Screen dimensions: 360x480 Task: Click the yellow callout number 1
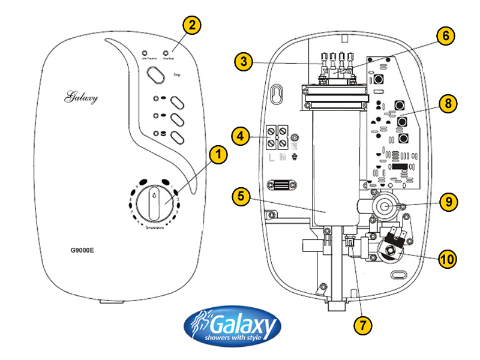click(x=219, y=155)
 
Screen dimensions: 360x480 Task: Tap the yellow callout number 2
click(x=191, y=25)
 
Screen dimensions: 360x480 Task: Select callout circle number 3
click(x=242, y=61)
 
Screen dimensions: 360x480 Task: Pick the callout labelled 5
click(x=239, y=196)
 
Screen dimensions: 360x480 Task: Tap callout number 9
click(x=447, y=202)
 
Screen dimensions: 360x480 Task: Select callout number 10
click(x=447, y=259)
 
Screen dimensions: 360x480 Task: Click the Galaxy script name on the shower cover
click(x=81, y=97)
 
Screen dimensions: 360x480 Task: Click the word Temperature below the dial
click(x=155, y=229)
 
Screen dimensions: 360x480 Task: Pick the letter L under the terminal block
click(x=271, y=158)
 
